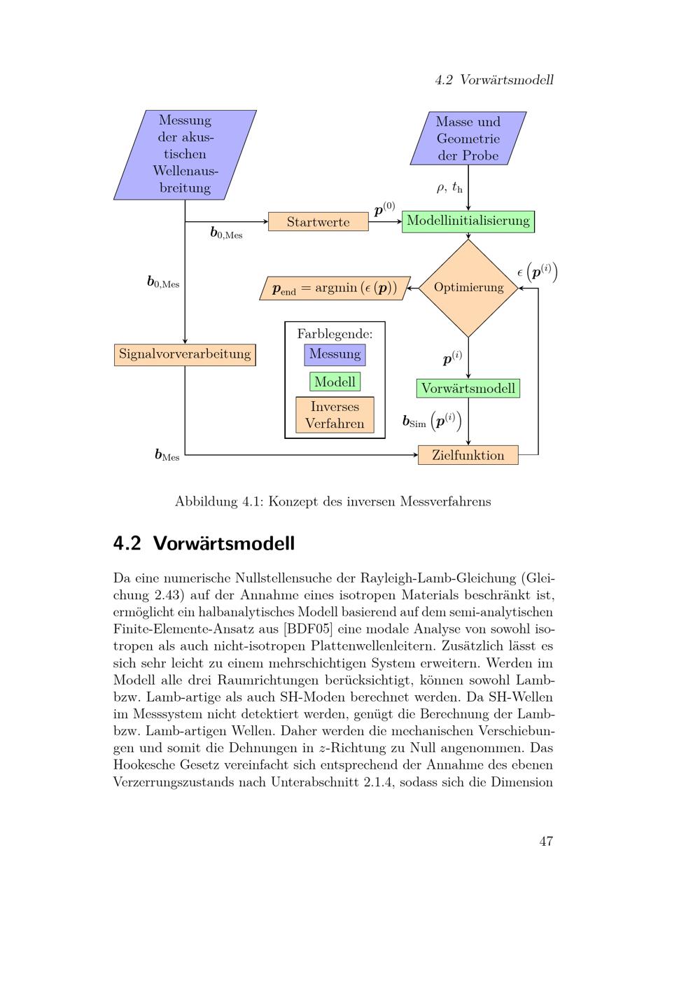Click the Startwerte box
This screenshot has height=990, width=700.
pos(318,222)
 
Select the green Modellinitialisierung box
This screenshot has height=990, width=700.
pos(468,221)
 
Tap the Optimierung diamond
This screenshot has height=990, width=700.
pos(468,288)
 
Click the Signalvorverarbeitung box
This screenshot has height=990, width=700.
pos(185,354)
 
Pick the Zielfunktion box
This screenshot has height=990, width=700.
pos(468,455)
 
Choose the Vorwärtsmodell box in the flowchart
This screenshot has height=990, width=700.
pos(468,389)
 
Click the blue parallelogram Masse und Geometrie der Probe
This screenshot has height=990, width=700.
pos(468,139)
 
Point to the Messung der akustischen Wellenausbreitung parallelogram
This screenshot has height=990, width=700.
pos(185,154)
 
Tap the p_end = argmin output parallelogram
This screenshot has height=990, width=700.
pos(335,288)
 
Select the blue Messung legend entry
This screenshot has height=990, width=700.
pos(335,354)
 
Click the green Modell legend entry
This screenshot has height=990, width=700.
pos(335,382)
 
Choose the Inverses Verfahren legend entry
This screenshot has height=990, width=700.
pos(335,415)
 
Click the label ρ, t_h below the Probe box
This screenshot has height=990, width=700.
pos(449,188)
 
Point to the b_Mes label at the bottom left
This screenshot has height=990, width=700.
pos(167,455)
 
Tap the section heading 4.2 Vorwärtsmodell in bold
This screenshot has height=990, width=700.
pos(204,543)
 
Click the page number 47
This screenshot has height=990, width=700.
pos(546,841)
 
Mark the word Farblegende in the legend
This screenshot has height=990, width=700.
pos(335,334)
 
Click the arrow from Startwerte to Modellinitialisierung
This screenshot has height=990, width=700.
pos(385,221)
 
